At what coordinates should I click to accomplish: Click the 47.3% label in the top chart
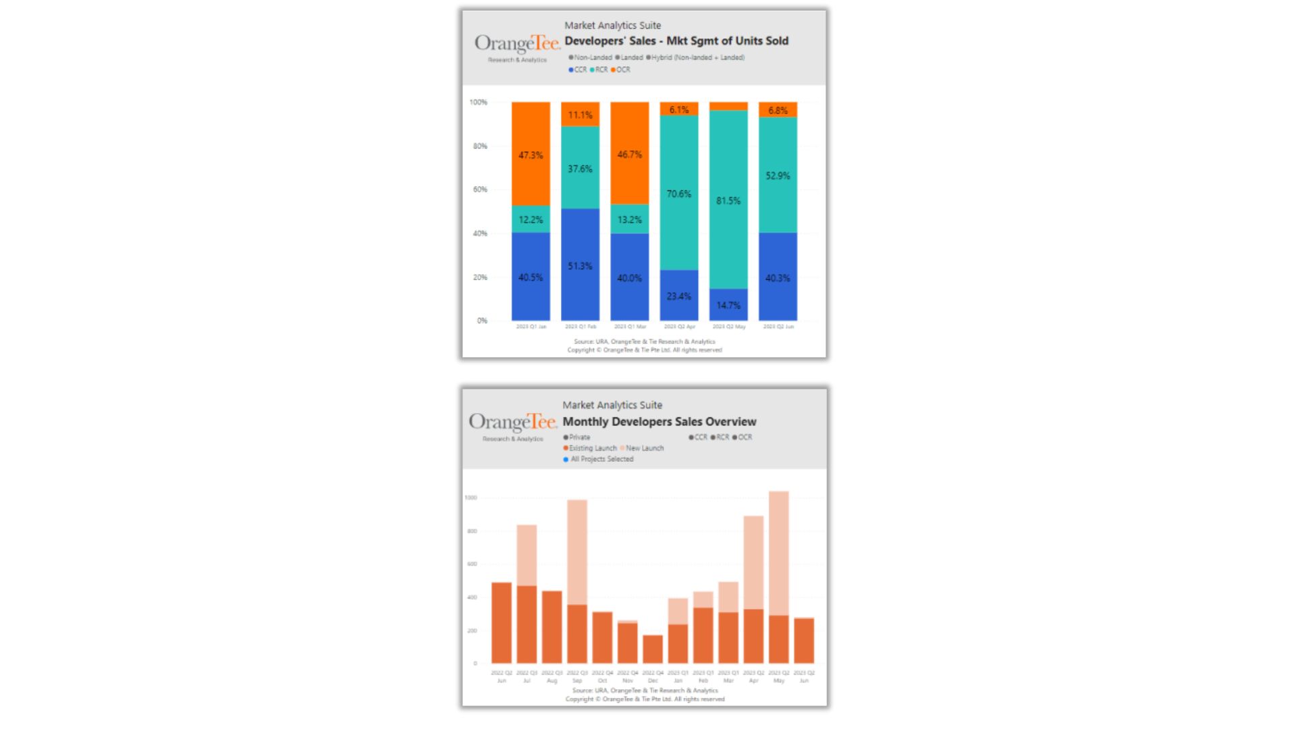pyautogui.click(x=531, y=155)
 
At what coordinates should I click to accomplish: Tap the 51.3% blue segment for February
pyautogui.click(x=580, y=266)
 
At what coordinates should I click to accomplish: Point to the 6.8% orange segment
pyautogui.click(x=778, y=110)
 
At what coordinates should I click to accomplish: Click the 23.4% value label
pyautogui.click(x=679, y=296)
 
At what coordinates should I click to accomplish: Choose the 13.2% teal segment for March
pyautogui.click(x=629, y=219)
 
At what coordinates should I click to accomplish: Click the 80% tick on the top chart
pyautogui.click(x=479, y=146)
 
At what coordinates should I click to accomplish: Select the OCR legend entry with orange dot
pyautogui.click(x=620, y=70)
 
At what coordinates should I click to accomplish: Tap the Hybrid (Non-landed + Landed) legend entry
pyautogui.click(x=696, y=57)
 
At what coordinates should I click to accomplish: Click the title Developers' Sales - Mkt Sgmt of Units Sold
pyautogui.click(x=676, y=40)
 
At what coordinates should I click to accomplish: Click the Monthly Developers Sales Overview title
pyautogui.click(x=659, y=421)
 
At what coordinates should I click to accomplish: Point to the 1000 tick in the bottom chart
pyautogui.click(x=470, y=497)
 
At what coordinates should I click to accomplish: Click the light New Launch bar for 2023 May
pyautogui.click(x=778, y=553)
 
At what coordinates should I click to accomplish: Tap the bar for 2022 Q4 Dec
pyautogui.click(x=653, y=649)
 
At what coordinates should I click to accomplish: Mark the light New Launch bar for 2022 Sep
pyautogui.click(x=577, y=552)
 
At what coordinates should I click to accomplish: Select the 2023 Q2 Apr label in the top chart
pyautogui.click(x=679, y=327)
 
